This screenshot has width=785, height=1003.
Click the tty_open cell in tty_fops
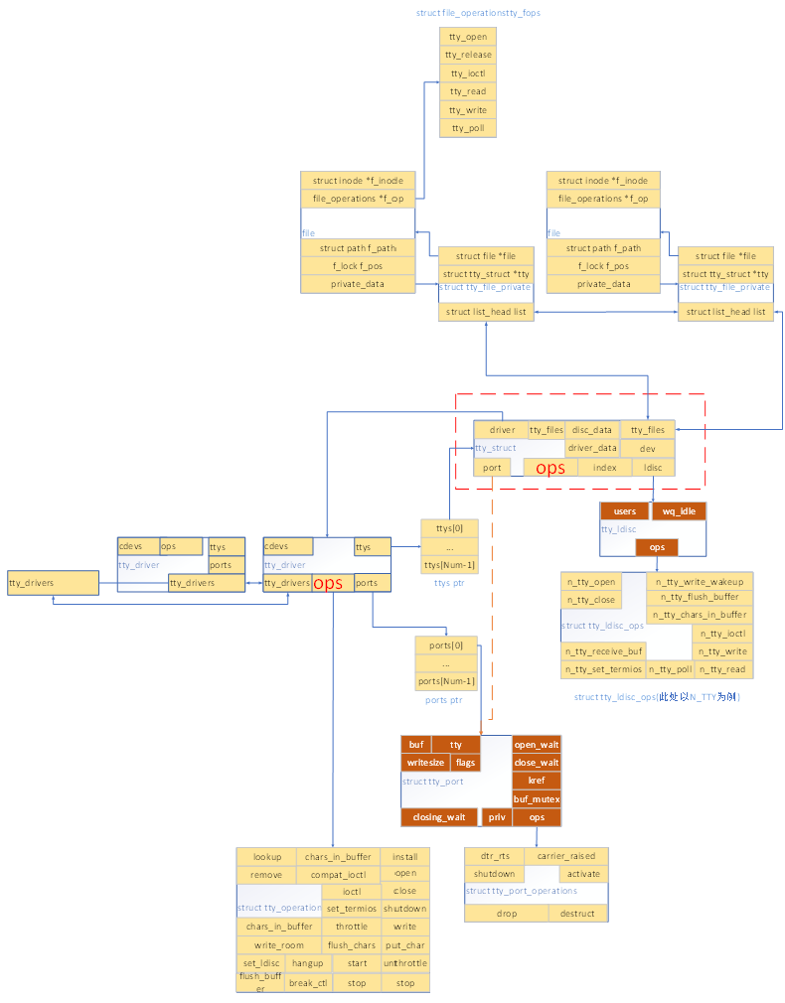click(x=467, y=37)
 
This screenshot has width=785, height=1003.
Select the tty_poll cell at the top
click(x=467, y=128)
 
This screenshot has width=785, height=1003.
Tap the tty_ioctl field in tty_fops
click(x=467, y=73)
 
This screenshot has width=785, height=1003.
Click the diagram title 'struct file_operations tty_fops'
click(x=479, y=13)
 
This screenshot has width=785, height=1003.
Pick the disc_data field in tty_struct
click(x=592, y=430)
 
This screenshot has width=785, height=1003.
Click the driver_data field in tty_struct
click(x=592, y=449)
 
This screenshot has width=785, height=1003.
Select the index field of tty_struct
click(x=605, y=468)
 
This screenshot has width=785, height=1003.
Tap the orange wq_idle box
click(x=680, y=511)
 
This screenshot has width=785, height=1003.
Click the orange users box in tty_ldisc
click(x=624, y=511)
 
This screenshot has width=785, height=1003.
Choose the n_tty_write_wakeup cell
click(x=700, y=581)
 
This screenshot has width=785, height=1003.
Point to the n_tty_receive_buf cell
click(x=603, y=651)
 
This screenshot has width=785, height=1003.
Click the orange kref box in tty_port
click(x=537, y=781)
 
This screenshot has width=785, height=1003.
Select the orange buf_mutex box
click(x=537, y=799)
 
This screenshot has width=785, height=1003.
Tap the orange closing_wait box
click(x=439, y=818)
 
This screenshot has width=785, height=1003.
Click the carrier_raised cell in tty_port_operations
click(x=566, y=856)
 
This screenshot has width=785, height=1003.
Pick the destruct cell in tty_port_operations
click(x=577, y=914)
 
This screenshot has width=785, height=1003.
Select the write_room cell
click(x=278, y=945)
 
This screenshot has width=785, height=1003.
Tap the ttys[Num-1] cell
click(x=449, y=565)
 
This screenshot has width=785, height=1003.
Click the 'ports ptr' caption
click(x=444, y=701)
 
